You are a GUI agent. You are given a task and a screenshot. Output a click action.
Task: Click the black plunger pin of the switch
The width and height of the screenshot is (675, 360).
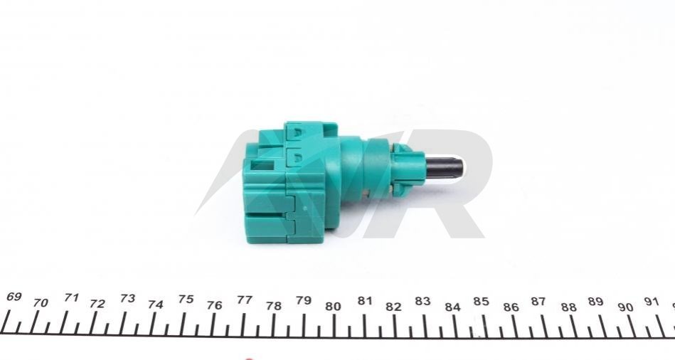pos(444,169)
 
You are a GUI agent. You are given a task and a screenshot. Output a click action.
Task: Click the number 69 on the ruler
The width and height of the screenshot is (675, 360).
pos(14,297)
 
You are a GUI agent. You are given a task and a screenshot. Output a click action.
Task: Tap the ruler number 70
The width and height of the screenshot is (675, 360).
pos(41,303)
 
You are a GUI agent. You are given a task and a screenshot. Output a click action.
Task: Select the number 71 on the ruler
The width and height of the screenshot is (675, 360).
pos(71,297)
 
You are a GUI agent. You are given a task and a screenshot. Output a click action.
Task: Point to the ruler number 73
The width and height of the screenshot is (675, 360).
pos(127,298)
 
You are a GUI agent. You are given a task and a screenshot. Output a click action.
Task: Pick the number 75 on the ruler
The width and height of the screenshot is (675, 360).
pos(186,300)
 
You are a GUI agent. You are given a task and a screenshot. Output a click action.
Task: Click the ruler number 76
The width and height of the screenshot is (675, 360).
pos(214,305)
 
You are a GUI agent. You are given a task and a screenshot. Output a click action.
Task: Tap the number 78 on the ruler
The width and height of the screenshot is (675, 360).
pos(273,306)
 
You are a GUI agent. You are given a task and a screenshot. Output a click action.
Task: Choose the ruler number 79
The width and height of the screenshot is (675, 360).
pos(304,300)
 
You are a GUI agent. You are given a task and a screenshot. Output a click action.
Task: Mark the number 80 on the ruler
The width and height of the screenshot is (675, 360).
pos(333,307)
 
